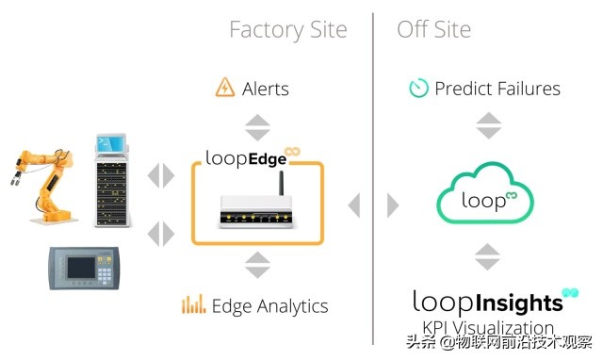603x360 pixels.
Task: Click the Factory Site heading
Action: coord(287,29)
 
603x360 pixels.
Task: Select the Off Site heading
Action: coord(433,29)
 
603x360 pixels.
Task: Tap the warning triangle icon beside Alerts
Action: coord(225,89)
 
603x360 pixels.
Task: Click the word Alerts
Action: coord(266,90)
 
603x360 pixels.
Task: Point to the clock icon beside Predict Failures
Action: coord(418,89)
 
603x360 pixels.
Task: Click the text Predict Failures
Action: coord(497,90)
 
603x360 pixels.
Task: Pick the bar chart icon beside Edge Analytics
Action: coord(194,305)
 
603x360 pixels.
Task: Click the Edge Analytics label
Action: coord(269,305)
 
